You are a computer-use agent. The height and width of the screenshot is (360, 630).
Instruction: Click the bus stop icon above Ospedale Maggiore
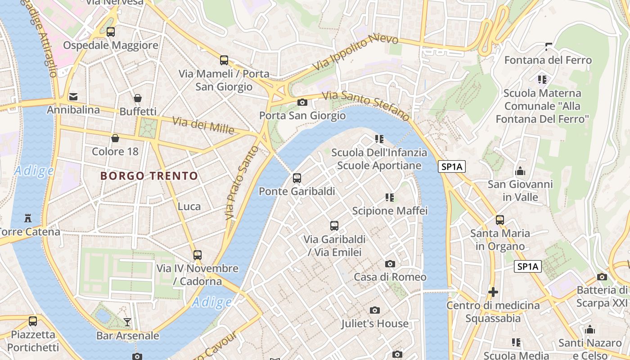pyautogui.click(x=110, y=32)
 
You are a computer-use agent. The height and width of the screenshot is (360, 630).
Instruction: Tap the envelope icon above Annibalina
pyautogui.click(x=73, y=96)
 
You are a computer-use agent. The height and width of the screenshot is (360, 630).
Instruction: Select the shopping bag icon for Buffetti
pyautogui.click(x=138, y=98)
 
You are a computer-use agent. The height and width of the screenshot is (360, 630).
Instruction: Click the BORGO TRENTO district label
pyautogui.click(x=149, y=175)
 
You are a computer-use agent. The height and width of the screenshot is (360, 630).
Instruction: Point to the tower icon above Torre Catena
pyautogui.click(x=28, y=219)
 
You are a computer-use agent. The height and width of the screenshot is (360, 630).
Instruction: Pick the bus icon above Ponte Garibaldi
pyautogui.click(x=297, y=178)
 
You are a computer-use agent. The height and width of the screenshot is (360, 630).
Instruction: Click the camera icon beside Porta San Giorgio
pyautogui.click(x=302, y=103)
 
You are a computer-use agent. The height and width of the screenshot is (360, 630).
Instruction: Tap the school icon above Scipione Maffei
pyautogui.click(x=390, y=198)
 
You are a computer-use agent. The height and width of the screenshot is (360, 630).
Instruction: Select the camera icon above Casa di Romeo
pyautogui.click(x=390, y=264)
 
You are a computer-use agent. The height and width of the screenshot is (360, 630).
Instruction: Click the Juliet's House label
pyautogui.click(x=374, y=324)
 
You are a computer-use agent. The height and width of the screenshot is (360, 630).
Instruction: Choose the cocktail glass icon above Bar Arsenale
pyautogui.click(x=127, y=322)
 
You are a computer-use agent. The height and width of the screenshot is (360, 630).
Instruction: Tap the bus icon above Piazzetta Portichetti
pyautogui.click(x=33, y=321)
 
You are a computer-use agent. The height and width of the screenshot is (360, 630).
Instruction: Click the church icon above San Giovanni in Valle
pyautogui.click(x=520, y=171)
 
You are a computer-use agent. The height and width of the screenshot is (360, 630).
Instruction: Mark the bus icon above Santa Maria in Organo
pyautogui.click(x=499, y=220)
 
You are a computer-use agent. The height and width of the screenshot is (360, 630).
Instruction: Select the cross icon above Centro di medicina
pyautogui.click(x=493, y=292)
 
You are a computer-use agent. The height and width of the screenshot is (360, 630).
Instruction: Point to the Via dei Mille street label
pyautogui.click(x=203, y=125)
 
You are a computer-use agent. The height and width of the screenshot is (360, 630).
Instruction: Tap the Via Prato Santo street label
pyautogui.click(x=242, y=183)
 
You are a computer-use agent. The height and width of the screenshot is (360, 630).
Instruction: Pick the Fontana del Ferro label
pyautogui.click(x=548, y=60)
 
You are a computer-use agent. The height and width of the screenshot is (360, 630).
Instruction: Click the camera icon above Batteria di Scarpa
pyautogui.click(x=602, y=277)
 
